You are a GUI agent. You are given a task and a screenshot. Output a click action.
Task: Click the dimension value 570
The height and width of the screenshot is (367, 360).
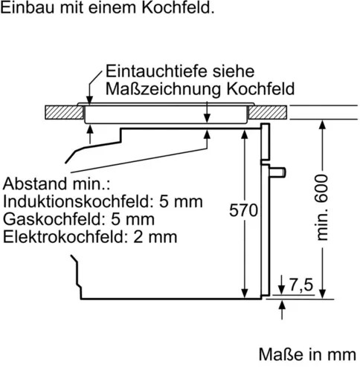pos(243,210)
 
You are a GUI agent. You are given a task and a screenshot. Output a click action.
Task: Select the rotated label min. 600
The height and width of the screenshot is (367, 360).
pos(322,207)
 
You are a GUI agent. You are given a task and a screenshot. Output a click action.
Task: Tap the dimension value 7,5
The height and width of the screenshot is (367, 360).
pos(301,285)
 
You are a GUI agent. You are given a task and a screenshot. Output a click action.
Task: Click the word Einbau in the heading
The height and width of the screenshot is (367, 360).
pos(28,7)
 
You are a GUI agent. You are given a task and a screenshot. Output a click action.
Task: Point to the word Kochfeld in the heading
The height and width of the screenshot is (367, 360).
pos(178,7)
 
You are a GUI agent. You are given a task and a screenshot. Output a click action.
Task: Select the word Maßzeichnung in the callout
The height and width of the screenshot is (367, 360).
pos(164,89)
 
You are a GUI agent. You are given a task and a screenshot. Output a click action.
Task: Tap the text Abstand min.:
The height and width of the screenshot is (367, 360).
pos(57,184)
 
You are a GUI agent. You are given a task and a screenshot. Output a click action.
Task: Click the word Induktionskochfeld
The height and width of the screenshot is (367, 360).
pos(76,201)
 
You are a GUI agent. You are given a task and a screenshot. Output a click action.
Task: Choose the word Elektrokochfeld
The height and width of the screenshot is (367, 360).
pos(64,237)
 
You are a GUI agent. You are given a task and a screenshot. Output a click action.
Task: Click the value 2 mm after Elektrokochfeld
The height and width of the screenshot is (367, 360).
pos(155,237)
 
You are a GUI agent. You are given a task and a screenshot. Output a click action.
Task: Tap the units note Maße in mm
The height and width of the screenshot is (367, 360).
pos(307,354)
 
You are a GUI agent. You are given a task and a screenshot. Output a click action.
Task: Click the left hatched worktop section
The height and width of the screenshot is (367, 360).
pos(64,112)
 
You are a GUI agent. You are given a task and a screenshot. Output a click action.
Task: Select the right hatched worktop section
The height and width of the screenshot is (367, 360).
pos(268,112)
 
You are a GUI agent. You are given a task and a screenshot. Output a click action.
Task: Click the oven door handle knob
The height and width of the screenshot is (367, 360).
pos(277,172)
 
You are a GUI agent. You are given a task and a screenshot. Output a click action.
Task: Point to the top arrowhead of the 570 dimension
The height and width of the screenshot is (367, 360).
pos(245,134)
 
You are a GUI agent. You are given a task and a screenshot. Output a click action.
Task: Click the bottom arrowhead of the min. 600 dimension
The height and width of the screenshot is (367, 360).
pos(322,293)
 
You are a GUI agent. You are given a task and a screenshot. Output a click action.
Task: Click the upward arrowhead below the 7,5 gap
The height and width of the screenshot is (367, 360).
pos(282,305)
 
